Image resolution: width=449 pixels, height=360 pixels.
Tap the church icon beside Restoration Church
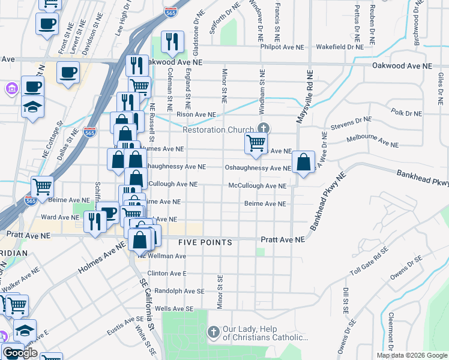tap(263, 127)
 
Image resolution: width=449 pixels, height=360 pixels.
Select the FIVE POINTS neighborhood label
tap(205, 242)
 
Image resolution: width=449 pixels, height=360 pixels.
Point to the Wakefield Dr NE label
tap(340, 46)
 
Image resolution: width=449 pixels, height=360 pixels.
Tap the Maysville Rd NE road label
tap(304, 97)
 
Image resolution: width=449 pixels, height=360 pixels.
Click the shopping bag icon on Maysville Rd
tap(304, 162)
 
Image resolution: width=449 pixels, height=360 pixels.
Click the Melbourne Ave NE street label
tap(373, 142)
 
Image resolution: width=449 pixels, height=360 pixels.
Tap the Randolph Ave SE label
tap(175, 291)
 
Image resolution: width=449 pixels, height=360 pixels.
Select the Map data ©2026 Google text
tap(411, 355)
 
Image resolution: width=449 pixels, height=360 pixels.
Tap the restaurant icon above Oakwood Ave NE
tap(172, 41)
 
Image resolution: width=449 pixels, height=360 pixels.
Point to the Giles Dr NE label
tap(441, 87)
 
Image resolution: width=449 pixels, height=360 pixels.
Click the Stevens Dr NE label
tap(351, 124)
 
